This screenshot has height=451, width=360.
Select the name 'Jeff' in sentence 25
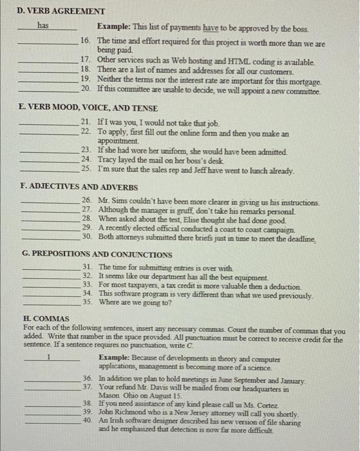coord(213,171)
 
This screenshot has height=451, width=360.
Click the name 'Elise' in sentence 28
coord(211,219)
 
